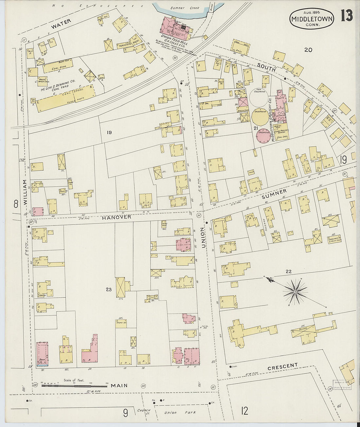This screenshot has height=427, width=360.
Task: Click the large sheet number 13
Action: pyautogui.click(x=346, y=16)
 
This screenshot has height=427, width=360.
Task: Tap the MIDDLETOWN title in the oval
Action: pyautogui.click(x=312, y=19)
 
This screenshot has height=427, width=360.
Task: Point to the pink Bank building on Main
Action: pyautogui.click(x=42, y=354)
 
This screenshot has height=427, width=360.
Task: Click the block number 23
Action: pyautogui.click(x=108, y=289)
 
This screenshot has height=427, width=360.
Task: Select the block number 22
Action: pyautogui.click(x=288, y=271)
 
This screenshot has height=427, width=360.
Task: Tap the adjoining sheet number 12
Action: pyautogui.click(x=244, y=411)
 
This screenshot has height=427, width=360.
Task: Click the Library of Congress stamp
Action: pyautogui.click(x=342, y=385)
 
